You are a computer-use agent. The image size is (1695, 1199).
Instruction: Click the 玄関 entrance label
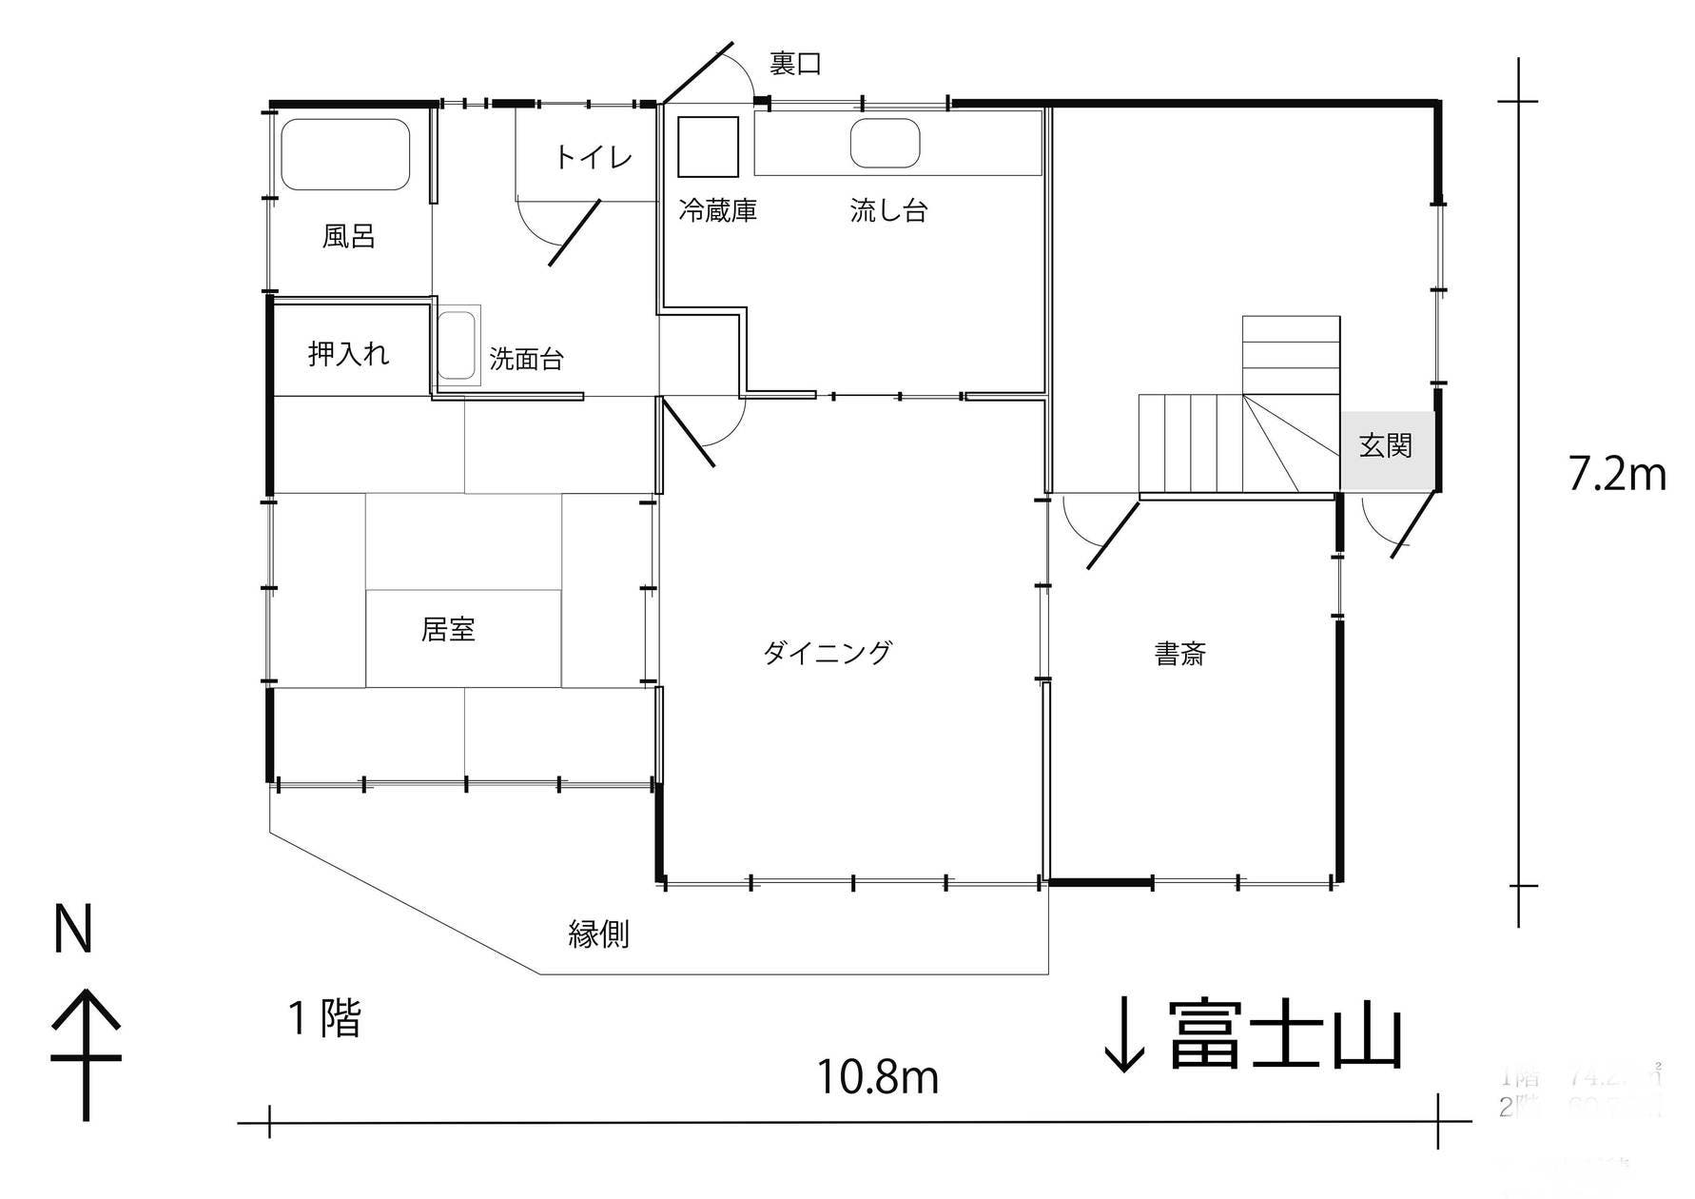point(1385,445)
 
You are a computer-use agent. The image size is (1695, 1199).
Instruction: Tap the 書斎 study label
point(1179,654)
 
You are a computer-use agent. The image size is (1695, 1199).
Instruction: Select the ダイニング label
point(828,653)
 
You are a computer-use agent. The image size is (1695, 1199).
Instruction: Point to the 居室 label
point(448,629)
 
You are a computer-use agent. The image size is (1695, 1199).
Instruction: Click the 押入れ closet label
point(348,354)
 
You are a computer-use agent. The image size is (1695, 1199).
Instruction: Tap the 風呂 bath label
point(349,236)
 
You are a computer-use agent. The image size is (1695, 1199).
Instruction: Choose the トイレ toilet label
point(593,157)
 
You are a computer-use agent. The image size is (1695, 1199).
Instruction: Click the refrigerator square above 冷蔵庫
point(708,147)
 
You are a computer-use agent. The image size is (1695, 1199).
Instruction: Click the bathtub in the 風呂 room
point(345,154)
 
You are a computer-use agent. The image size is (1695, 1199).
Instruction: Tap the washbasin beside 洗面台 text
point(458,344)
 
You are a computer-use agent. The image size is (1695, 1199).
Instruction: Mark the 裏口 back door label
point(794,64)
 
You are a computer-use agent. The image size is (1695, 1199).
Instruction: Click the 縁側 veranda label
point(598,934)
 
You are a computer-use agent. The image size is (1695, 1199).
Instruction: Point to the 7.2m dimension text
point(1616,474)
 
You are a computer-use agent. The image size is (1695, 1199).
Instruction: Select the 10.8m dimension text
point(878,1076)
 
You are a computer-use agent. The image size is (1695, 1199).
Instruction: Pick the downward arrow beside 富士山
point(1124,1037)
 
